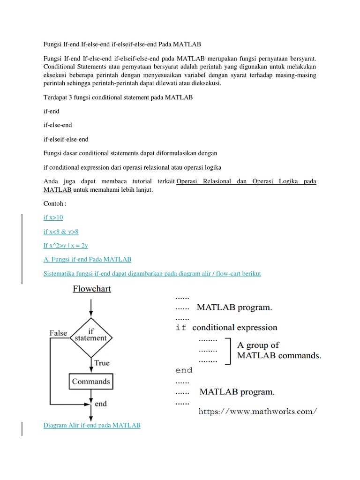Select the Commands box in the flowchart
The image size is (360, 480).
click(91, 381)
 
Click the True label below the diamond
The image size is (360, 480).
click(102, 362)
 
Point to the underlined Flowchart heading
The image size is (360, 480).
click(92, 289)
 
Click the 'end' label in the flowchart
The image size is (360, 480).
click(100, 404)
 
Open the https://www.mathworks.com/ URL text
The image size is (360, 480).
click(258, 412)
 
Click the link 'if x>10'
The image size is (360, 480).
click(53, 217)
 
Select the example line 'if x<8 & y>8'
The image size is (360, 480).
click(61, 232)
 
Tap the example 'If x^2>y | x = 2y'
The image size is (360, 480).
click(65, 245)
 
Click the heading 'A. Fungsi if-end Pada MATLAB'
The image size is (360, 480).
click(87, 259)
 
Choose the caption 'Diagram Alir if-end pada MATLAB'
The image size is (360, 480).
click(91, 425)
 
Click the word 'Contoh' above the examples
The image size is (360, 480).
click(55, 204)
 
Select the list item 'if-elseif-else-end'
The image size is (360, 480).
click(66, 139)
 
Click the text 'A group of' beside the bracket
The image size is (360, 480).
click(258, 345)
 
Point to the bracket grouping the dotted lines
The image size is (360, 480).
click(228, 351)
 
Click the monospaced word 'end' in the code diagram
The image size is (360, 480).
click(184, 370)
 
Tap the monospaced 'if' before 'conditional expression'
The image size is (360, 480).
click(181, 328)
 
